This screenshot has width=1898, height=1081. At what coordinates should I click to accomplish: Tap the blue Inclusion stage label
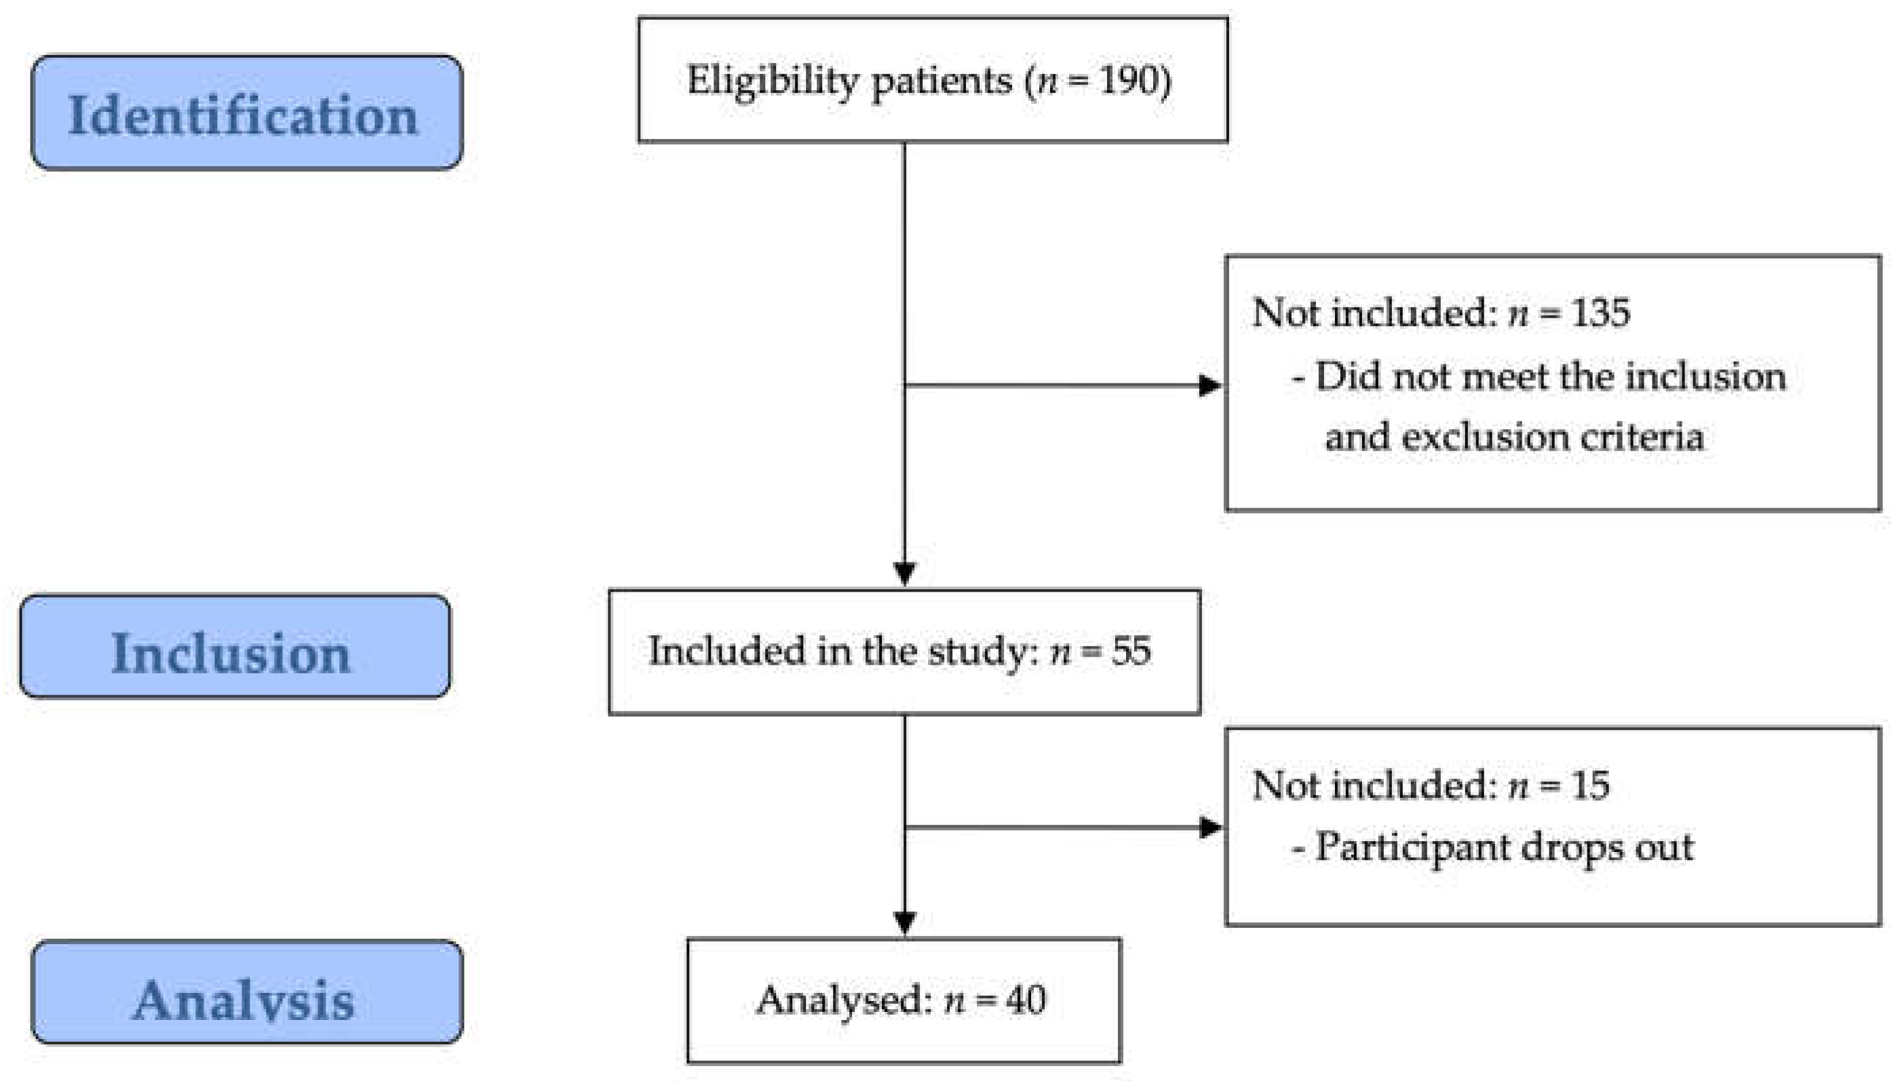coord(235,647)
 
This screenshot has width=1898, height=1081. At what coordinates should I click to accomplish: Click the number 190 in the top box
coord(1127,80)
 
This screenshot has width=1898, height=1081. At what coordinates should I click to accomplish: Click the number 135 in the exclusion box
coord(1601,312)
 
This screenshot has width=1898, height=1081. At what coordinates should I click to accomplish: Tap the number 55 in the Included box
coord(1131,651)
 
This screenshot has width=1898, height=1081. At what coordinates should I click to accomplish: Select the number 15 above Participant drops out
coord(1591,786)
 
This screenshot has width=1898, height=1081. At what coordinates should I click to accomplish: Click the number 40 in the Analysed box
coord(1026,999)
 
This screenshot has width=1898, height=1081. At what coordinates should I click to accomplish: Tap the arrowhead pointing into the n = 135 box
coord(1210,386)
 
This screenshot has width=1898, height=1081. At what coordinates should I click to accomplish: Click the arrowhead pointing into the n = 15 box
coord(1210,827)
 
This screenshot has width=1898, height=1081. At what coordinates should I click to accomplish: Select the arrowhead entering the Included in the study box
coord(904,574)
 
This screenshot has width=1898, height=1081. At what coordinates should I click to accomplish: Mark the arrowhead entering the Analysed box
coord(904,923)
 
